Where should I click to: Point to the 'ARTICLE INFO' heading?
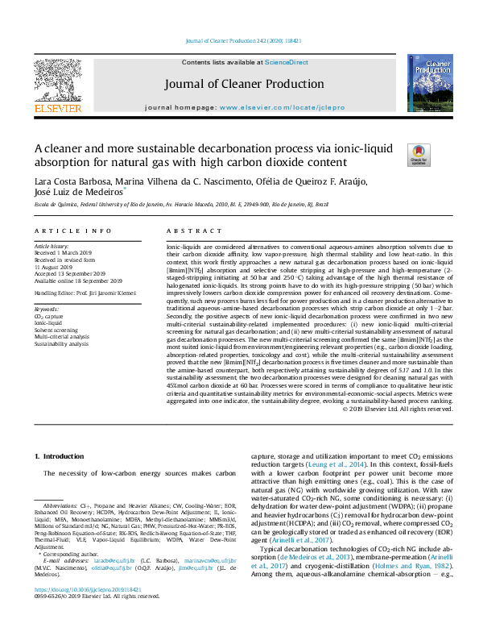72,231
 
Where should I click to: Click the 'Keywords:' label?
47,309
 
